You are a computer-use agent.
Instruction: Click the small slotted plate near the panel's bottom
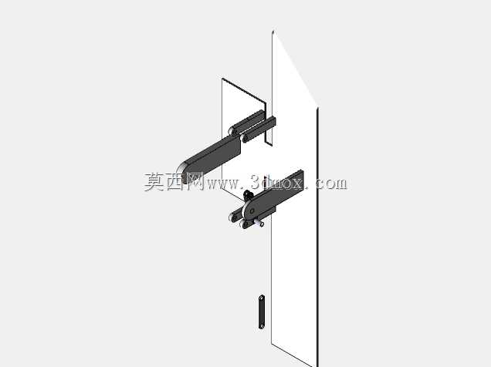tap(262, 312)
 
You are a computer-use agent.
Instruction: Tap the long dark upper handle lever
tap(209, 157)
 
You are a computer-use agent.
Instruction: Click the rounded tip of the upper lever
tap(181, 173)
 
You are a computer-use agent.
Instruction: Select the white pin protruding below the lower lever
tap(259, 223)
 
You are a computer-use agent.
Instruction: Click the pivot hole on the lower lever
tap(252, 211)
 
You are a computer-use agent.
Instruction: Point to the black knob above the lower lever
tap(248, 196)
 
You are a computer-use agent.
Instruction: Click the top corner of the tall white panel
tap(273, 32)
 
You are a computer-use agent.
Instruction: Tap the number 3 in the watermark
tap(256, 182)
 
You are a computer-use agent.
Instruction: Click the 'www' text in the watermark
tap(221, 183)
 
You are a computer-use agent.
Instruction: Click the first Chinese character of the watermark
tap(154, 182)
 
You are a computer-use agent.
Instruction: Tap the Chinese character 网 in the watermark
tap(194, 182)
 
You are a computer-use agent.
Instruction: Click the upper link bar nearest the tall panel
tap(259, 129)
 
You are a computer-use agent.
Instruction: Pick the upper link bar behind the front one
tap(247, 123)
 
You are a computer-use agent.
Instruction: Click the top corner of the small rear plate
tap(222, 79)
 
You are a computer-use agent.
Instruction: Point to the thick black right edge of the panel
tap(317, 237)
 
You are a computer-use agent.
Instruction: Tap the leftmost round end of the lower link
tap(234, 217)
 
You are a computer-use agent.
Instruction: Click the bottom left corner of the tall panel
tap(271, 344)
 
